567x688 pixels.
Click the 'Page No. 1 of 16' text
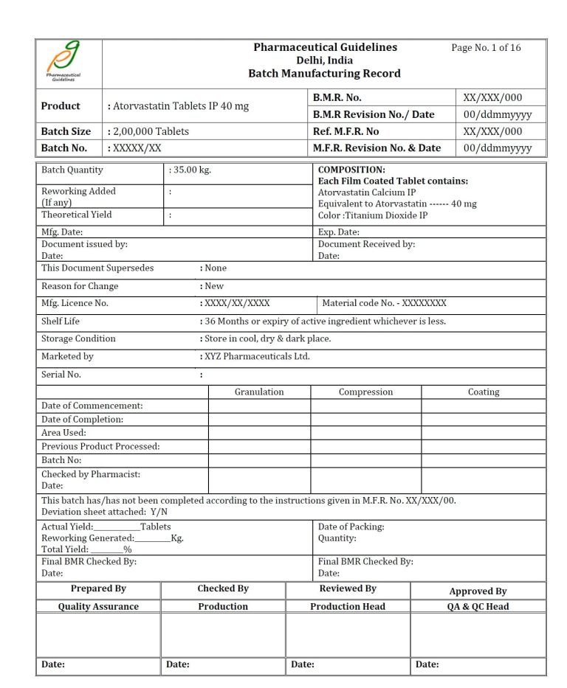[x=486, y=48]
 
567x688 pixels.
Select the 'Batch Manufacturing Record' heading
[x=324, y=74]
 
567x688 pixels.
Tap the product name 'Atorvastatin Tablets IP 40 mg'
[x=180, y=106]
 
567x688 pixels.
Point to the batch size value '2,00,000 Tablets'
[x=151, y=131]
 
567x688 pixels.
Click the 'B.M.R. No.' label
[x=337, y=97]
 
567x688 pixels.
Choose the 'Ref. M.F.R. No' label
[x=346, y=131]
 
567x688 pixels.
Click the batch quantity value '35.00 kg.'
[x=191, y=170]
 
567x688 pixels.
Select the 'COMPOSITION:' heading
[x=351, y=170]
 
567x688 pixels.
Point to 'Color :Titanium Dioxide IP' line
[x=373, y=215]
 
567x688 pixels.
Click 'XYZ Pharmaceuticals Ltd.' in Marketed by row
[x=257, y=357]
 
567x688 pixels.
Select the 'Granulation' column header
[x=259, y=392]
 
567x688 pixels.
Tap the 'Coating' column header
[x=484, y=392]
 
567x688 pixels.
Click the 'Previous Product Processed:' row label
[x=100, y=446]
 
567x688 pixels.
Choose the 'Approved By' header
[x=478, y=591]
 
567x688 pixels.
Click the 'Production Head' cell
[x=348, y=607]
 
